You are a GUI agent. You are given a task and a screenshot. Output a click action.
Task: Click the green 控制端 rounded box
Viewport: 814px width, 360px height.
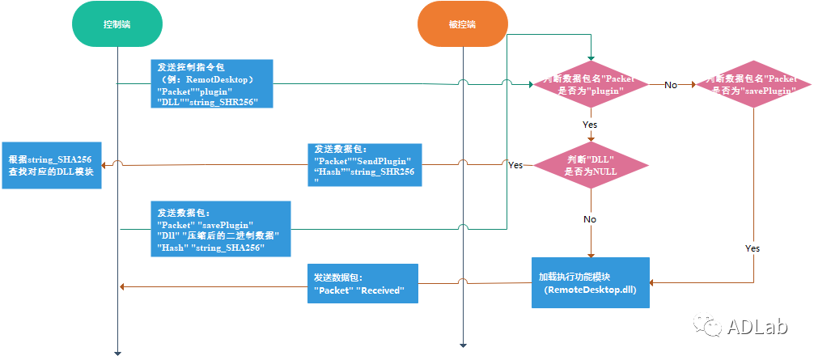pos(117,24)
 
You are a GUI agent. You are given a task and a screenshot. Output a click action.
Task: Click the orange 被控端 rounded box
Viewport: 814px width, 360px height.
pos(462,24)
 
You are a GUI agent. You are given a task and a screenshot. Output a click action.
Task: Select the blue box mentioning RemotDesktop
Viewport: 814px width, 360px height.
pos(210,83)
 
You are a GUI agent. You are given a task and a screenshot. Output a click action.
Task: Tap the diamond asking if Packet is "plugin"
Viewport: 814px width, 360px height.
pos(591,85)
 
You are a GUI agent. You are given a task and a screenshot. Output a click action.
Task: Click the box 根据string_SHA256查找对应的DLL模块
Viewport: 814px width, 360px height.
pos(52,165)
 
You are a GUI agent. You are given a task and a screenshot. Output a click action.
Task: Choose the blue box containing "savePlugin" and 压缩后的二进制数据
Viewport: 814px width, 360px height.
pos(221,230)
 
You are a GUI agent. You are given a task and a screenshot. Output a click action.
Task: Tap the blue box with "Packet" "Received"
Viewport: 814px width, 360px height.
pos(362,284)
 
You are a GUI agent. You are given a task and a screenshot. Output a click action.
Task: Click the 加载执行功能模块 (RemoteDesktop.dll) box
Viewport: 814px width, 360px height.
pos(591,282)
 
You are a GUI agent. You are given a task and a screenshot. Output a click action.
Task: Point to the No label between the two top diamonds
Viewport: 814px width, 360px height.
pos(671,84)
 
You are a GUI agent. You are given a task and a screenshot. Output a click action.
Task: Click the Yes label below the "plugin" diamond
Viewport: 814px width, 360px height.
pos(591,125)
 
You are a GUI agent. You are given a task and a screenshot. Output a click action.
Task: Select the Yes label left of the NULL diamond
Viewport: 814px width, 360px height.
pos(515,165)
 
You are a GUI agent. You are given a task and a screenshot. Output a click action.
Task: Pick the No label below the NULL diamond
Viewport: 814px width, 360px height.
pos(591,219)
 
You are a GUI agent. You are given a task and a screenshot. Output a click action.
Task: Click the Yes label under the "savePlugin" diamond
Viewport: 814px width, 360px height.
pos(753,248)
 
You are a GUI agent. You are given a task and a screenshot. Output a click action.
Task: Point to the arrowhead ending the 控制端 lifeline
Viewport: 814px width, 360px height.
pos(117,352)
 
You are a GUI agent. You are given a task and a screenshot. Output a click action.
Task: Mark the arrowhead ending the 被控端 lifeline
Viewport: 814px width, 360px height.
pos(462,344)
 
